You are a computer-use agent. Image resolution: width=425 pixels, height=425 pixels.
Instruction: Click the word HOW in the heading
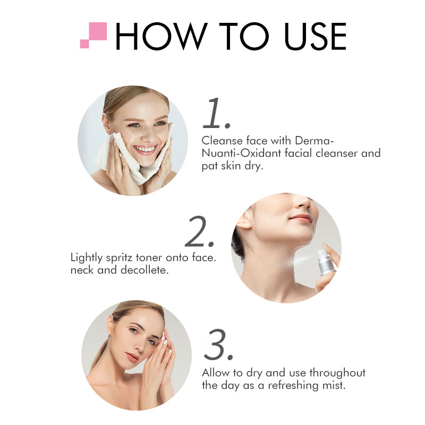pyautogui.click(x=160, y=36)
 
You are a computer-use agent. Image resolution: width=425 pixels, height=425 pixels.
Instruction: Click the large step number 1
pyautogui.click(x=216, y=113)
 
